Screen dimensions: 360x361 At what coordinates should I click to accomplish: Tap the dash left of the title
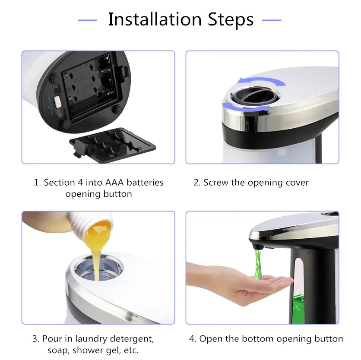coord(87,20)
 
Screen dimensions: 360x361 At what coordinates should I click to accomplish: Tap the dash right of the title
coord(272,20)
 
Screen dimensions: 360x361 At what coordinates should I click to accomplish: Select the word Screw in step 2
coord(216,183)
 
